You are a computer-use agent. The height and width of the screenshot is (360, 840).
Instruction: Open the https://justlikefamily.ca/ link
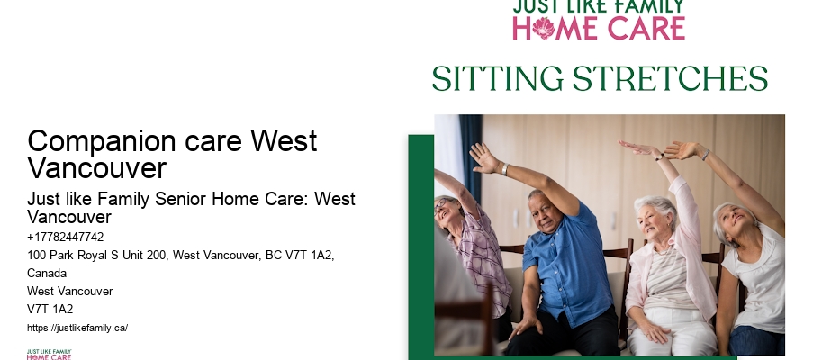point(77,328)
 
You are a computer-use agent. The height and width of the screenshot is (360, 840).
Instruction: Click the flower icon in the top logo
point(543,28)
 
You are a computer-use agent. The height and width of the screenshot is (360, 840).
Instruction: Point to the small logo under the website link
point(49,354)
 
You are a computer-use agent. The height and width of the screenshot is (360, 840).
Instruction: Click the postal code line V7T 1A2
point(50,309)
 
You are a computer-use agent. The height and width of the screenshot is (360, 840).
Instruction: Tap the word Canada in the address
point(47,273)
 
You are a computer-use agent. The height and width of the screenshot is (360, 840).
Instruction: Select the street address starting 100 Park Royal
point(180,256)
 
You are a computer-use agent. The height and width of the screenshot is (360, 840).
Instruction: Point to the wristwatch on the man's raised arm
point(505,169)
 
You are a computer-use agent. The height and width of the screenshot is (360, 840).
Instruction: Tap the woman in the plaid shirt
point(477,252)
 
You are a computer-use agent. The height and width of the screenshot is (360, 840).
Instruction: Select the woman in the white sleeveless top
point(752,270)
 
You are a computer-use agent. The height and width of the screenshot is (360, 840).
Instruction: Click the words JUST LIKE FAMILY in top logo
point(598,7)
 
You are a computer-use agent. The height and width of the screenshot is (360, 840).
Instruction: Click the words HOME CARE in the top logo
point(599,28)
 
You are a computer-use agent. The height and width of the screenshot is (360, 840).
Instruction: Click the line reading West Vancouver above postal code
point(70,291)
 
